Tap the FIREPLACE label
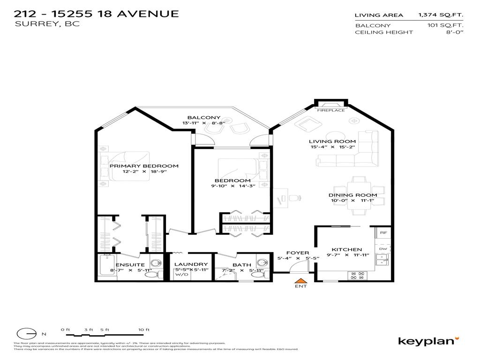pos(330,110)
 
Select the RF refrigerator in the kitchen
pos(383,232)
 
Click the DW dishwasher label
pos(383,249)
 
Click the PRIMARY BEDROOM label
pos(144,166)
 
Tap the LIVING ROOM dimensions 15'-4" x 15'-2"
pos(332,147)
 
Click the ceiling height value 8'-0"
pos(455,32)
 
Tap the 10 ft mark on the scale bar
pos(144,330)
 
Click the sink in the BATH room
pos(261,262)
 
